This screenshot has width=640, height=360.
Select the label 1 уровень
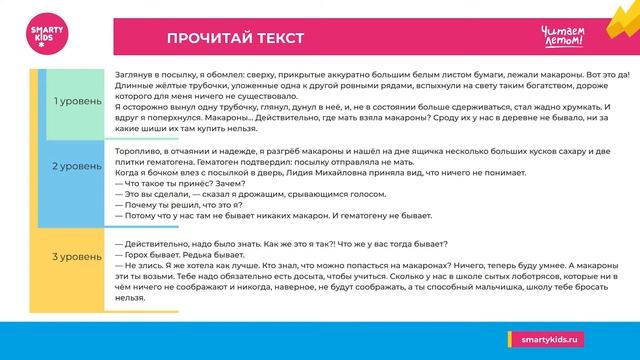pos(76,101)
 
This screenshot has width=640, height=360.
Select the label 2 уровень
pos(76,165)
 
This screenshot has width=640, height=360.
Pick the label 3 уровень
pos(76,258)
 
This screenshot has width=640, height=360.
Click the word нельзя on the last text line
pos(131,297)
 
